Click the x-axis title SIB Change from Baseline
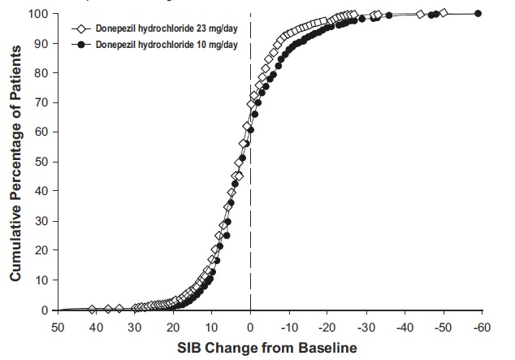(268, 347)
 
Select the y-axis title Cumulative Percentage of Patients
(15, 163)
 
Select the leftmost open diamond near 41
(92, 309)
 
